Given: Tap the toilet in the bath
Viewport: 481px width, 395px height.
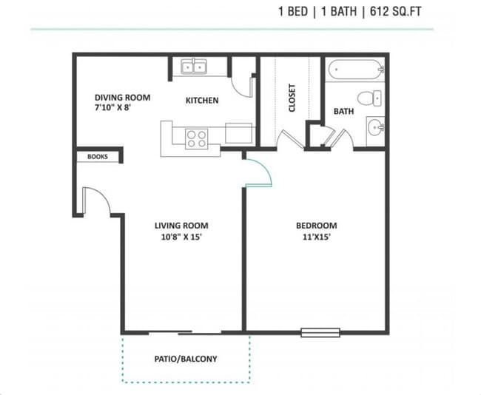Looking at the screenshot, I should (x=369, y=98).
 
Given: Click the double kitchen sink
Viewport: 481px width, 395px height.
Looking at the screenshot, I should (x=195, y=67).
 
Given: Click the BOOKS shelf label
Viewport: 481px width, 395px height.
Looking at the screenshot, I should (x=97, y=157).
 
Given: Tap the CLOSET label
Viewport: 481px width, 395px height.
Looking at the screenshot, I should (x=292, y=97).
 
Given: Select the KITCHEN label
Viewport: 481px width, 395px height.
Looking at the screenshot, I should (x=201, y=101).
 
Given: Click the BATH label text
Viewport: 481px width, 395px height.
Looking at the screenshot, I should (x=343, y=112).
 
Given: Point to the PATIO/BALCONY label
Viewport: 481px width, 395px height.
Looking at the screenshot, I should (x=186, y=359).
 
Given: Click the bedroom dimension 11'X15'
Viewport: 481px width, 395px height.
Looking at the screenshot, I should (x=317, y=238).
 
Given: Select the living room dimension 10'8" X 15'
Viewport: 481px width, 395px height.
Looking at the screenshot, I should (x=181, y=238).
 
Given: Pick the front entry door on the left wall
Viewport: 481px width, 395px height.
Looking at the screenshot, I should (x=95, y=201).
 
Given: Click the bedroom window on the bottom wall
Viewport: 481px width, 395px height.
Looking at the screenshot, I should (x=320, y=332).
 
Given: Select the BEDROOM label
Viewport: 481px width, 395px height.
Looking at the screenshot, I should (x=317, y=226).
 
